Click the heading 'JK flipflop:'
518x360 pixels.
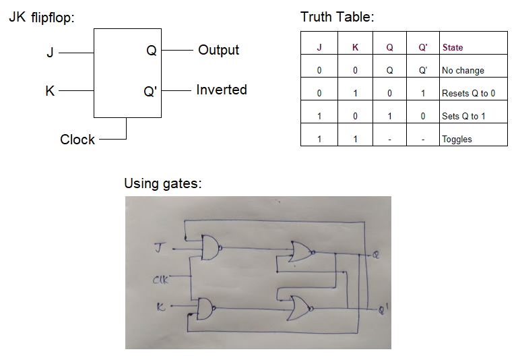point(41,18)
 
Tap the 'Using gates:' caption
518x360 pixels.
point(163,183)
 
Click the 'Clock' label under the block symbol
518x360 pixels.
point(77,140)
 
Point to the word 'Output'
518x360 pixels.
point(218,50)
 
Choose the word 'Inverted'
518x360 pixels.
point(222,90)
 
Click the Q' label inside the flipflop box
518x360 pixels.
point(150,91)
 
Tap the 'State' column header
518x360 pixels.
point(453,48)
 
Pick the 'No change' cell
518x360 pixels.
point(463,71)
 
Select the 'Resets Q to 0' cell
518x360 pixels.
point(468,94)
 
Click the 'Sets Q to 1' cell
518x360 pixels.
point(463,117)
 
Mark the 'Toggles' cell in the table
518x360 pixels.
point(457,140)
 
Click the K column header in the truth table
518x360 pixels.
point(356,48)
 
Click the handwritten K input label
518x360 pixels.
point(160,307)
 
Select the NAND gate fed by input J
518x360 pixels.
point(211,248)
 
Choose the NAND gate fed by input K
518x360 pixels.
point(204,309)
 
